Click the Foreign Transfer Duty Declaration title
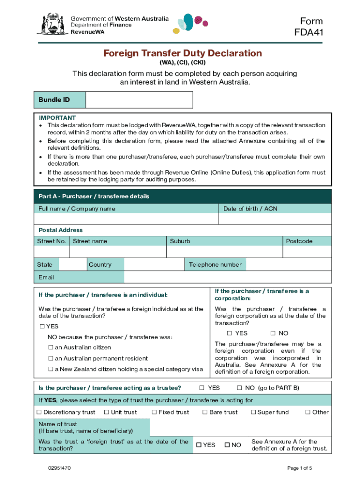(182, 53)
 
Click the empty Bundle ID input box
(139, 100)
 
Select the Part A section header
(94, 196)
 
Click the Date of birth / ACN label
(250, 209)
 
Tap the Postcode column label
(299, 241)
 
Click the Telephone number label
(215, 265)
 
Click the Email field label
(46, 277)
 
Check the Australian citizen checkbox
(51, 348)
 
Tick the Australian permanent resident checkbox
(51, 358)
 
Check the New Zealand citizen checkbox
(51, 369)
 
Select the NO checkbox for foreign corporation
(273, 334)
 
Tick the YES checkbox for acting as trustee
(202, 388)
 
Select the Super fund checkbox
(253, 412)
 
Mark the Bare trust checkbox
(205, 412)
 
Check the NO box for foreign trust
(228, 445)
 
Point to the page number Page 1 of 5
(300, 468)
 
